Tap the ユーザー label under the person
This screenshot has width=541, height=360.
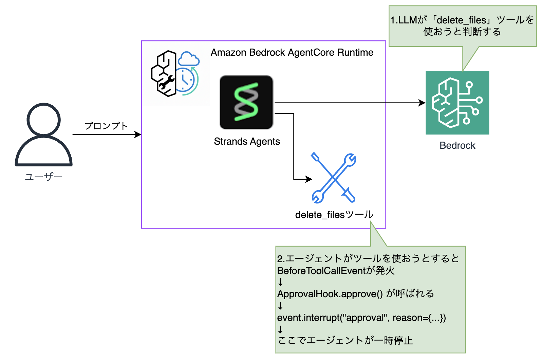43,177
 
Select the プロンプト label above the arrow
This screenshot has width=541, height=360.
106,126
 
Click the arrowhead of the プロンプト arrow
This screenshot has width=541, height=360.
138,134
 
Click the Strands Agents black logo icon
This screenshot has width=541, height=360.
246,102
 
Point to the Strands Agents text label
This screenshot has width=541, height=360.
247,141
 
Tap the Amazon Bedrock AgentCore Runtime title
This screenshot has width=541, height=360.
292,53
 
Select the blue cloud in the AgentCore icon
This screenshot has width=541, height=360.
189,59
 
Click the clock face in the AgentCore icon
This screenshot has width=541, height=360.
184,80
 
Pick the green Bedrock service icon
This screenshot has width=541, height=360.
457,103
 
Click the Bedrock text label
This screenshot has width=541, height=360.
457,146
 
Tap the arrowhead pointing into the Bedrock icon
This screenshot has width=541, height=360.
423,103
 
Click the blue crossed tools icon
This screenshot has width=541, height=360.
333,178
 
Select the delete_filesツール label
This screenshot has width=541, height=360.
334,215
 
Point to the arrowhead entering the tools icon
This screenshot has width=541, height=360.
309,179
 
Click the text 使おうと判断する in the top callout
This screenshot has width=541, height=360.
462,32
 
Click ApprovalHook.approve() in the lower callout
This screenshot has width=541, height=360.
330,294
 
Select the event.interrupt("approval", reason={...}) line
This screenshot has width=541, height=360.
361,318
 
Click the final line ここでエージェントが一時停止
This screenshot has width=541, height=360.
345,340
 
